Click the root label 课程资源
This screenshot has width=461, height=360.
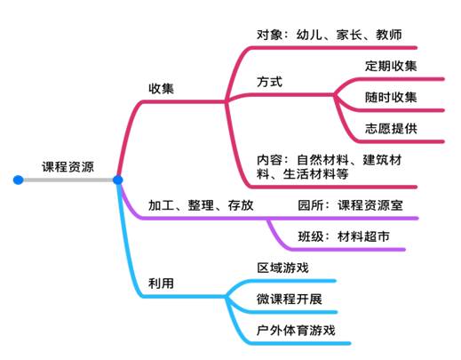[x=68, y=167]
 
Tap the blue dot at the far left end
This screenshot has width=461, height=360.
[x=19, y=180]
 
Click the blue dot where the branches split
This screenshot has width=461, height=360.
[x=118, y=180]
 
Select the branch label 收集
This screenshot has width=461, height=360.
[x=161, y=88]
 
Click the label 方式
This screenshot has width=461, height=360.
[x=270, y=82]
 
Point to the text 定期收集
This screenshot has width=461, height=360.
[x=391, y=66]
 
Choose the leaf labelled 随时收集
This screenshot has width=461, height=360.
[x=391, y=97]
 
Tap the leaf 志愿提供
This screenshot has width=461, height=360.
[x=391, y=129]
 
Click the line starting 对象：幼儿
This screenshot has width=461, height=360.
[x=330, y=35]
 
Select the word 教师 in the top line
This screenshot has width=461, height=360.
[x=389, y=35]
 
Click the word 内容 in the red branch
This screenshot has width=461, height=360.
[x=270, y=160]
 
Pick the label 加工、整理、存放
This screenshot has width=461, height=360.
[x=201, y=205]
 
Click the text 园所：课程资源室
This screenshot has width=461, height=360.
[x=350, y=205]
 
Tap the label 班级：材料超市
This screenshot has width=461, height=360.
[x=344, y=236]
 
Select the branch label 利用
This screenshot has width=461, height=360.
[x=161, y=284]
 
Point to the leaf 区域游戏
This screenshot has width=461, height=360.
[x=282, y=268]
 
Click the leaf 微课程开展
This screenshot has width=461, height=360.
[x=290, y=299]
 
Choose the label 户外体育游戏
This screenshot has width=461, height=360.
[x=296, y=331]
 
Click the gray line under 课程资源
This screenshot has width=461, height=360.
[x=68, y=180]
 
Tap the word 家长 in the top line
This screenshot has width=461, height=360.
[x=349, y=35]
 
